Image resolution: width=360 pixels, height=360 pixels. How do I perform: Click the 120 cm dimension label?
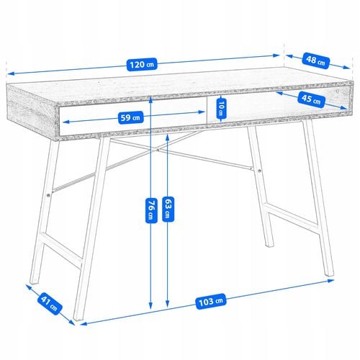click(x=142, y=64)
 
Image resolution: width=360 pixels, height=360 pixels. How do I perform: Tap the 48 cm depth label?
click(x=315, y=60)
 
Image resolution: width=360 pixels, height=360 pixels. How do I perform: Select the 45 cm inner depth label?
click(x=311, y=99)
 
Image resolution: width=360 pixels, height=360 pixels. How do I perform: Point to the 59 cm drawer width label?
click(x=130, y=117)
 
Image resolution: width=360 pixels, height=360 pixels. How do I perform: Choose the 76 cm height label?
click(x=151, y=210)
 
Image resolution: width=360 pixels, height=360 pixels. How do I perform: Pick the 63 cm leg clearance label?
click(x=168, y=209)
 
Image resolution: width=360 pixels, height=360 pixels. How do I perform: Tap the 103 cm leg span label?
click(x=211, y=301)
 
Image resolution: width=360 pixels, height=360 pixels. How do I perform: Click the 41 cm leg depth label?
click(x=49, y=304)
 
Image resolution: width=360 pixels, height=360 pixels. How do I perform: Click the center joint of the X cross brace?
click(x=157, y=150)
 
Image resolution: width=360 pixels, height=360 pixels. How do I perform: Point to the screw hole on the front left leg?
click(x=49, y=195)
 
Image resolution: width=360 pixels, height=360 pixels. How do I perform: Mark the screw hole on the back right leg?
click(x=259, y=171)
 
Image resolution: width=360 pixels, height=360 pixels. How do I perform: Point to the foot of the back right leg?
click(x=269, y=246)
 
